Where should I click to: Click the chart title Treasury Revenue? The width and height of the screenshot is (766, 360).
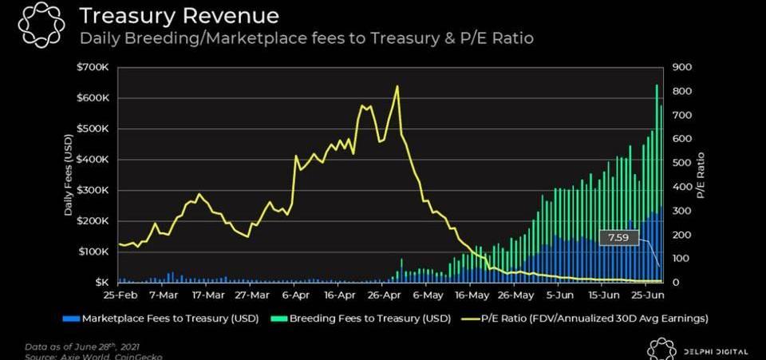pyautogui.click(x=178, y=16)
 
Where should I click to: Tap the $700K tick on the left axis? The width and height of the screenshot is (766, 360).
pyautogui.click(x=93, y=67)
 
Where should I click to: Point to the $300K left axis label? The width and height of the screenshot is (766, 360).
pyautogui.click(x=93, y=190)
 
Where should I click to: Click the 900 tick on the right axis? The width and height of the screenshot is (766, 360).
pyautogui.click(x=682, y=67)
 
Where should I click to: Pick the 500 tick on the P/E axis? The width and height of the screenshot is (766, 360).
pyautogui.click(x=682, y=163)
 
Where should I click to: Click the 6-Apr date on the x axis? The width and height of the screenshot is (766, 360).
pyautogui.click(x=296, y=295)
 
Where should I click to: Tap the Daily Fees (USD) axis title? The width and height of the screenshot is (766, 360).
pyautogui.click(x=69, y=175)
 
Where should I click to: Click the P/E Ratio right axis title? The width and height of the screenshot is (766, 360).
pyautogui.click(x=701, y=175)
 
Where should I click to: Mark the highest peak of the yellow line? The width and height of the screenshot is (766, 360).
pyautogui.click(x=397, y=86)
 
